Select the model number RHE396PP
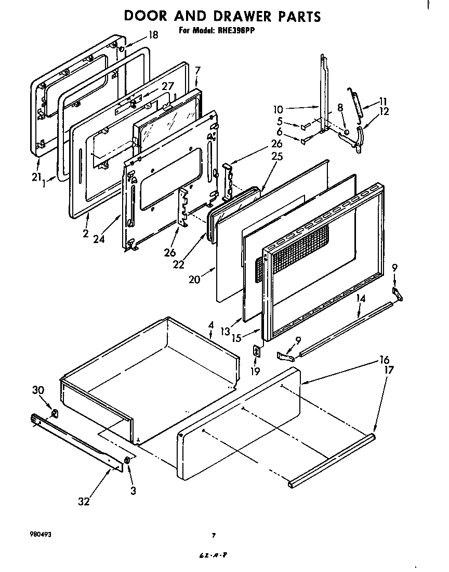236,31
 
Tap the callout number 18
153,35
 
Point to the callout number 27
167,86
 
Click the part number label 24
99,239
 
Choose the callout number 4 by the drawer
210,325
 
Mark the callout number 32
84,501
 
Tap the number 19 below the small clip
255,372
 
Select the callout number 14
361,298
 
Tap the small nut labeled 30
55,414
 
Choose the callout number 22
178,265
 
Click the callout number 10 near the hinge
278,110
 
